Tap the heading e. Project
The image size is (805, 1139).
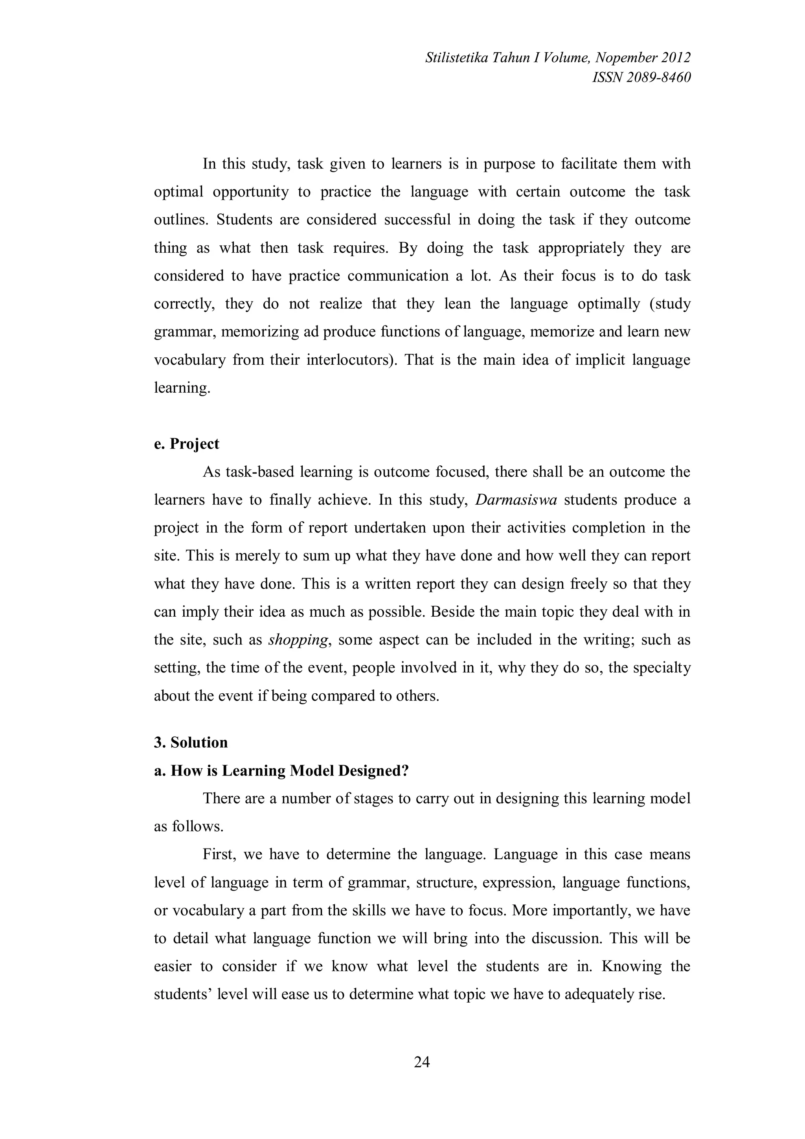pos(186,443)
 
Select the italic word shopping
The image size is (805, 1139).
pos(298,640)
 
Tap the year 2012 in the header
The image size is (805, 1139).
pos(676,58)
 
